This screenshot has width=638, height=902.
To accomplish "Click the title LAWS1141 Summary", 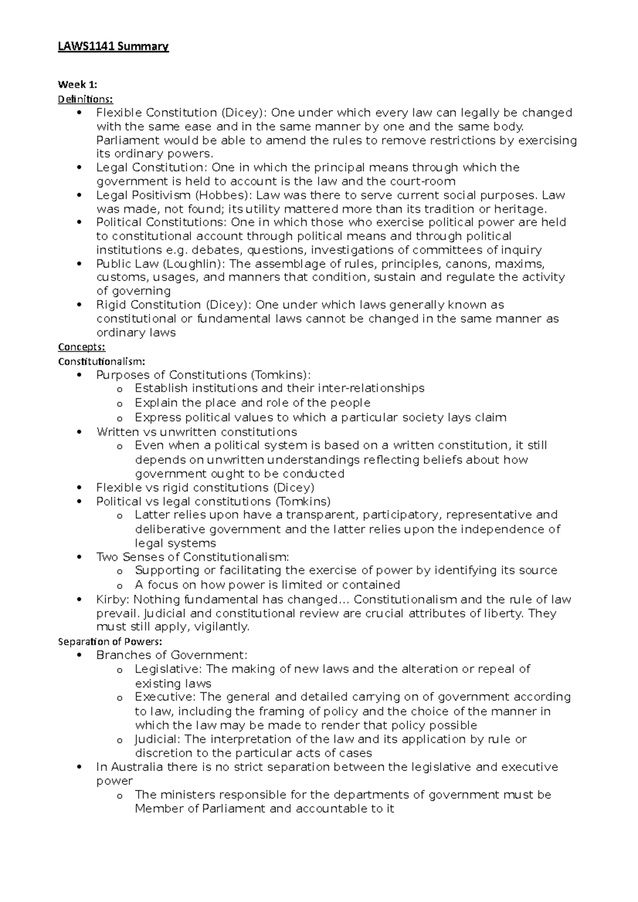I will [x=113, y=47].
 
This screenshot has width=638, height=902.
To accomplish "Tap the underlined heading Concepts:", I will [x=81, y=347].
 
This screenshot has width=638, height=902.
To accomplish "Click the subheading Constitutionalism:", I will [x=101, y=361].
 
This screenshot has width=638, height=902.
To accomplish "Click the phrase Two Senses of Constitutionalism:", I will [x=192, y=557].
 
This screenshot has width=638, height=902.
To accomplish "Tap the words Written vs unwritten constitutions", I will [x=196, y=432].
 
